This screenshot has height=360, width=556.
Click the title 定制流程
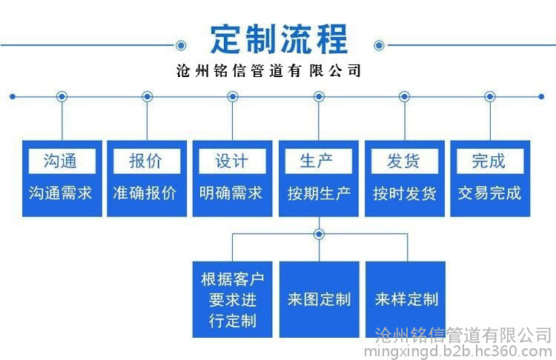coord(278,39)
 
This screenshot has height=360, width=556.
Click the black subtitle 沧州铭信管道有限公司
coord(269,72)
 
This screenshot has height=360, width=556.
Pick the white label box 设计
coord(231,161)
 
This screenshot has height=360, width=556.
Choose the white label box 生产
coord(317,161)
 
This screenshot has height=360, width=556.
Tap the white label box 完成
coord(489,161)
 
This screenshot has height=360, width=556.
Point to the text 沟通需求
coord(61,193)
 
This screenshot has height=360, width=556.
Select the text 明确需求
coord(231,193)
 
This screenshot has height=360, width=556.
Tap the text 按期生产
coord(318,194)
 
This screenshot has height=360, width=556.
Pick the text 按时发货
coord(404,194)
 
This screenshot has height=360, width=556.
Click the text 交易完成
coord(489,193)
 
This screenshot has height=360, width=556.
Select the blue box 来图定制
coord(319,299)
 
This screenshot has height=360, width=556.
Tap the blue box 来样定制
coord(406,299)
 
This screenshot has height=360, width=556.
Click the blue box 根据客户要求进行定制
coord(232,299)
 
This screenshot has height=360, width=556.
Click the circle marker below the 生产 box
coord(319,234)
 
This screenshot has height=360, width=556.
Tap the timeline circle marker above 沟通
coord(62,96)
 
